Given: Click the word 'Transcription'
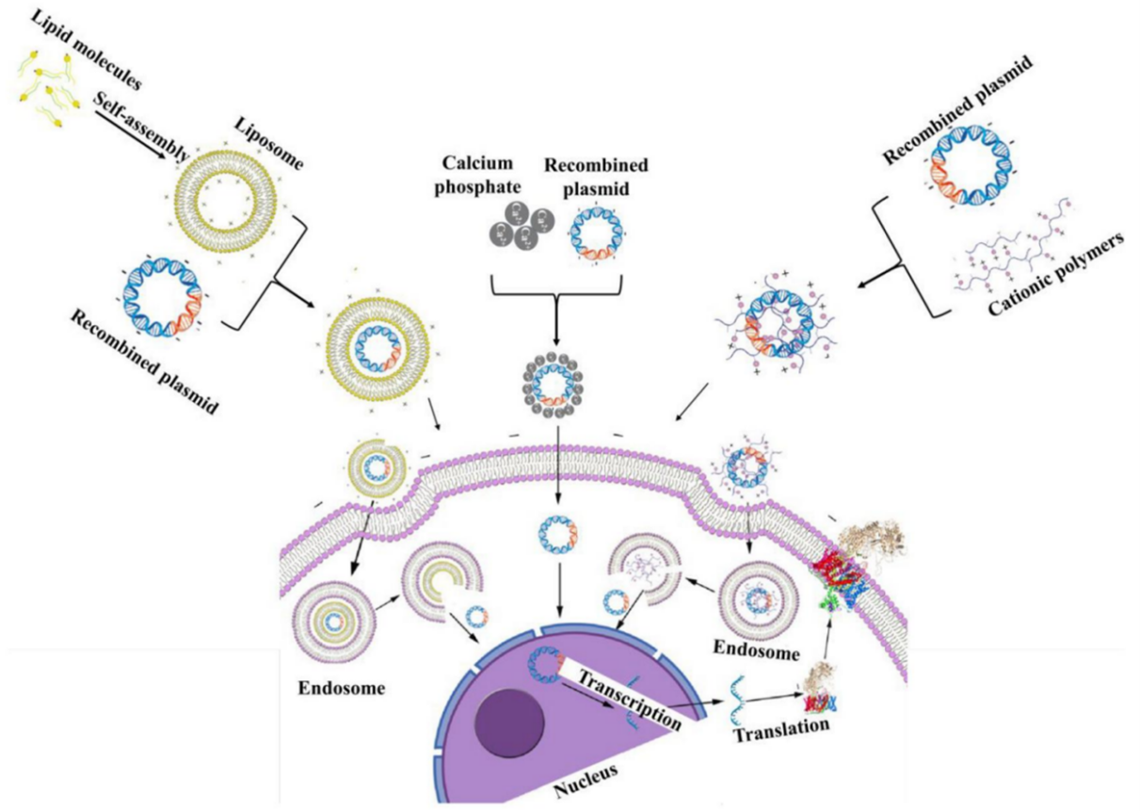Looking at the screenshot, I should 630,698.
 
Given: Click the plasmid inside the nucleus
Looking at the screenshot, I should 545,663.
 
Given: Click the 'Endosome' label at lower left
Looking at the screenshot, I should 341,689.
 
